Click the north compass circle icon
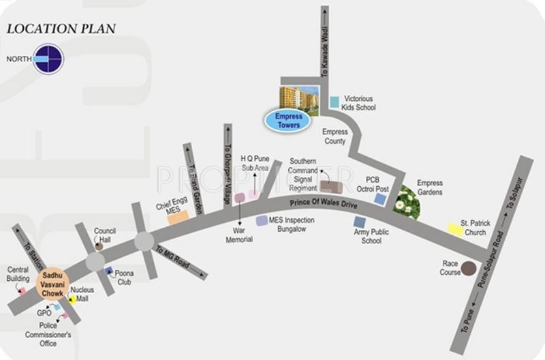pos(48,59)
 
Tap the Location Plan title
pos(61,29)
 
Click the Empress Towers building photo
pos(299,98)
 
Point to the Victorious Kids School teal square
pos(334,102)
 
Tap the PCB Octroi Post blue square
pos(380,199)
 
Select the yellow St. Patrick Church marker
pos(454,230)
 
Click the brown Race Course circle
pos(469,269)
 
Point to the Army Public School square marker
pos(360,222)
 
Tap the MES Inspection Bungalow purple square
pos(262,221)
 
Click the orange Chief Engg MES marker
pos(178,217)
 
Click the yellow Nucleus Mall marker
pos(72,299)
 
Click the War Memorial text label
pos(240,235)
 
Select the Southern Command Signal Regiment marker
pos(331,187)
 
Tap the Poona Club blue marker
pos(109,271)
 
